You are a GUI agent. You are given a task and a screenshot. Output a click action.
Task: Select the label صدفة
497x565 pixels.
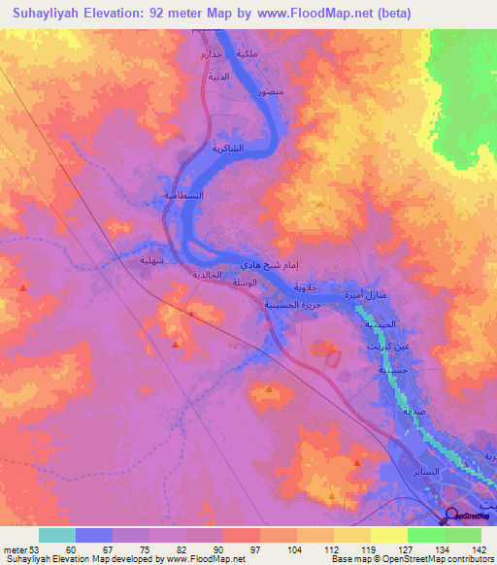coord(412,413)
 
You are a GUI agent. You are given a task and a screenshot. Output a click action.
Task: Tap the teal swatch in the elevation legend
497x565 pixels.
coord(56,535)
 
